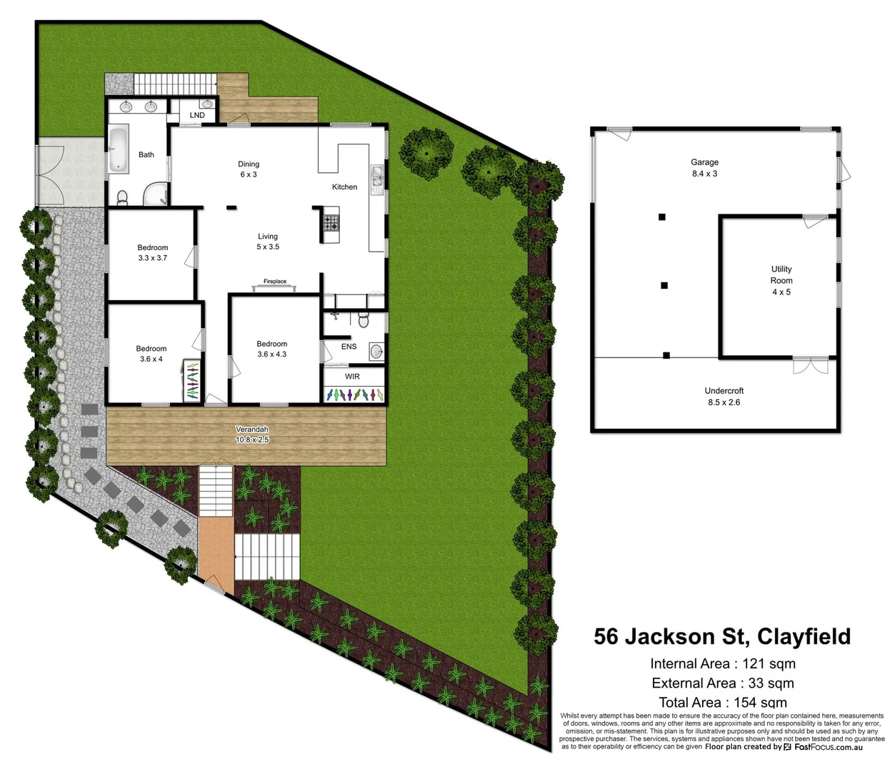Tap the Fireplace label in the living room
275,282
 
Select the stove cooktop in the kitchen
331,222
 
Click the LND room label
197,115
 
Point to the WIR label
352,377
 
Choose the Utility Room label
781,274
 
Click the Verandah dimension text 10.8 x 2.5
252,440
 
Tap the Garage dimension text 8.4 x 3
704,174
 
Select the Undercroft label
724,391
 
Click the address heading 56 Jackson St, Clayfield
722,636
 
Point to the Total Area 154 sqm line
723,703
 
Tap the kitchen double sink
376,176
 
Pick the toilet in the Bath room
121,197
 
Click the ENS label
349,347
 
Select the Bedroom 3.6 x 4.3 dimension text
271,355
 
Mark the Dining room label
249,164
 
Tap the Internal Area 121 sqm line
723,663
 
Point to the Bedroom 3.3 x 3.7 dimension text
153,258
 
